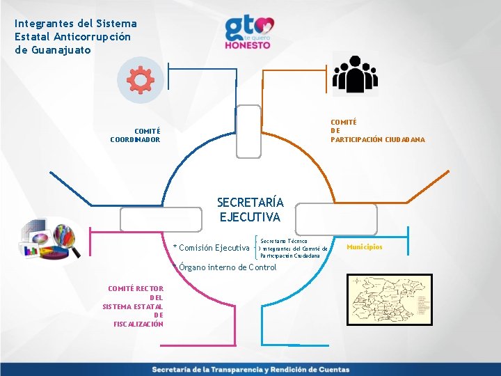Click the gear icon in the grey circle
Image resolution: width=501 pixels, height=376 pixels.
141,81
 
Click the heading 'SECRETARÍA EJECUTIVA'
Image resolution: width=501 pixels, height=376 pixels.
250,210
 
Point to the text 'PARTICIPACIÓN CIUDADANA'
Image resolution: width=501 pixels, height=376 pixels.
378,140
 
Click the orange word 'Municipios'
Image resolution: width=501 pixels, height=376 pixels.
364,247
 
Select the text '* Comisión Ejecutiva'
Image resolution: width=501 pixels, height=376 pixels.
212,248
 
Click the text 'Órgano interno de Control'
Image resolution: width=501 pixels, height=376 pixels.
228,267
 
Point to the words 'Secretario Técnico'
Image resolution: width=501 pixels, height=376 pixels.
283,240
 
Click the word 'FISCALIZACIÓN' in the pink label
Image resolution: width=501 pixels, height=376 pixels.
138,324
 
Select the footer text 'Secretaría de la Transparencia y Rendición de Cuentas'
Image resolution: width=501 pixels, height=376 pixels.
250,370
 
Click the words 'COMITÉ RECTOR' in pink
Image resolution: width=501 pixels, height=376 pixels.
136,288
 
